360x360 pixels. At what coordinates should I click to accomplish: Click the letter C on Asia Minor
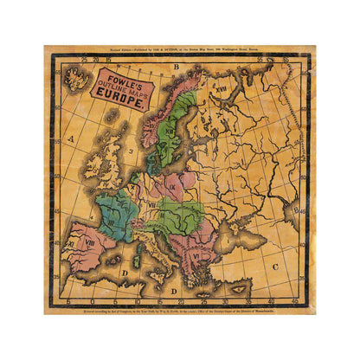coord(275,266)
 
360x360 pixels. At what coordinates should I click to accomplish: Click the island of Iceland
coord(78,81)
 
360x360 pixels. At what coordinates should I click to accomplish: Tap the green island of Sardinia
coord(138,256)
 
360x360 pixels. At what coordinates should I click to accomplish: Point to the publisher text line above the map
coord(179,52)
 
